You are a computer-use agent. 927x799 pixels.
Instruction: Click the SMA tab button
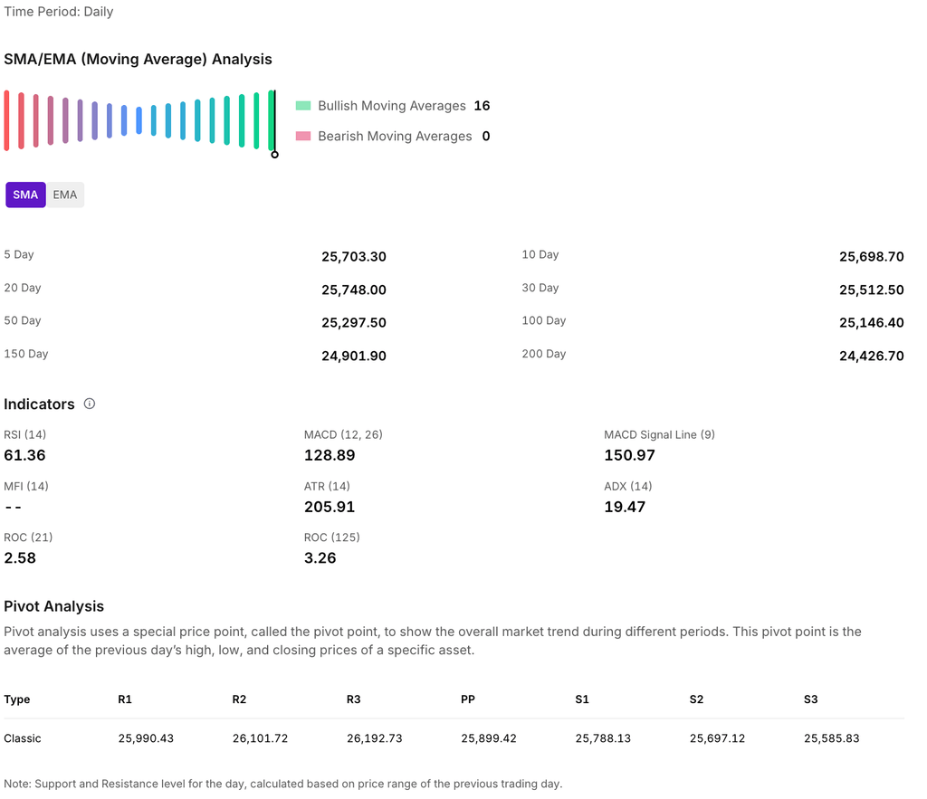pos(25,195)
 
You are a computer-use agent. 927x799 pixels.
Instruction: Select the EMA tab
pos(65,195)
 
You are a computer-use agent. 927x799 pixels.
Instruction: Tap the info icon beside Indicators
pos(90,404)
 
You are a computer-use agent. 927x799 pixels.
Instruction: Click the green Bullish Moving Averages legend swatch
pos(303,106)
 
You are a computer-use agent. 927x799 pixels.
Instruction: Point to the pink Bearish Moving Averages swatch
pos(303,137)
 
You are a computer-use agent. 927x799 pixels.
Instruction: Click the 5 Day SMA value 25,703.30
pos(353,257)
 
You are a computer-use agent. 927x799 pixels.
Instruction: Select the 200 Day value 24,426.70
pos(871,357)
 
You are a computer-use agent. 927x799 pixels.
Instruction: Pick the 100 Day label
pos(543,321)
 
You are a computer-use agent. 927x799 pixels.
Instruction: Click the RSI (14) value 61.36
pos(24,455)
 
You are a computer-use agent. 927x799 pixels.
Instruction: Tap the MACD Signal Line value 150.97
pos(629,455)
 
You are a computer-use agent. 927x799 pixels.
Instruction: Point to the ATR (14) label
pos(327,487)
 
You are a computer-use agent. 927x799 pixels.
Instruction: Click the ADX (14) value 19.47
pos(625,507)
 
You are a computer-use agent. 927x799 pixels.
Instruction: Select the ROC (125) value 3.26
pos(320,558)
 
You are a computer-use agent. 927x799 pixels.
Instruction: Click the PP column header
pos(468,699)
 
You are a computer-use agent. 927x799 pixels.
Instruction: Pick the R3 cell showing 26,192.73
pos(374,738)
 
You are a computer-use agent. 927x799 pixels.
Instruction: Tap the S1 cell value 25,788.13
pos(603,738)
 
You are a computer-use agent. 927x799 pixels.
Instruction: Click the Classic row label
pos(23,738)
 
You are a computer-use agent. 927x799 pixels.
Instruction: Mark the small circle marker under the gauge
pos(275,155)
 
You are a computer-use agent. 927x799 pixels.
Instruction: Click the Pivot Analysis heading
pos(53,606)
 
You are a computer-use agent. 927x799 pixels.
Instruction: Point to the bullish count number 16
pos(482,106)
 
